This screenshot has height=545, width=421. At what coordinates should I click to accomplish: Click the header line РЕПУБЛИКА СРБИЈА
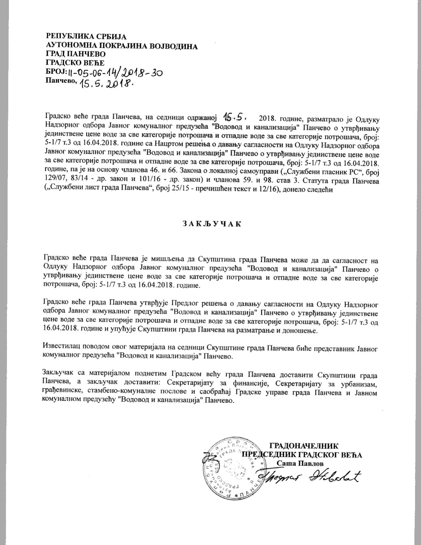pos(86,37)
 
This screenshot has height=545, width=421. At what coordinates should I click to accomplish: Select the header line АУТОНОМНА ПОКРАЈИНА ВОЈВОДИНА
pos(122,46)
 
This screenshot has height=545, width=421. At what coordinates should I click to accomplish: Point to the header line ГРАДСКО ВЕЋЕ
pos(75,63)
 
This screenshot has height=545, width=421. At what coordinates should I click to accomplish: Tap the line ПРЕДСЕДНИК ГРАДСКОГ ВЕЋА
pos(302,455)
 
